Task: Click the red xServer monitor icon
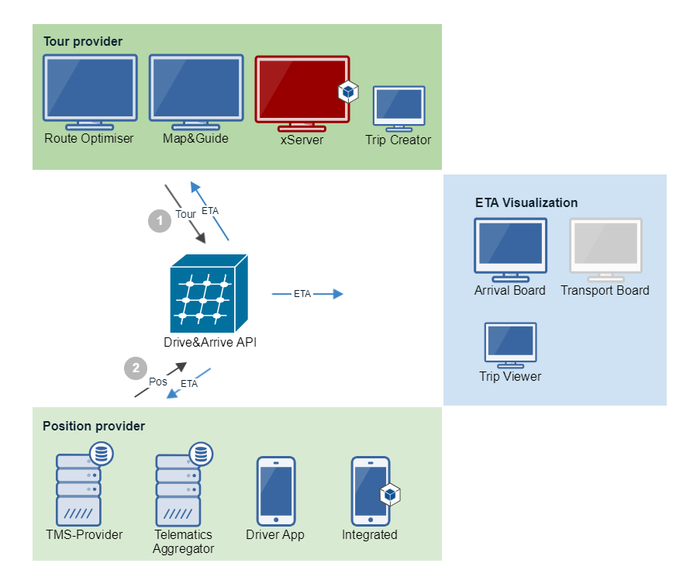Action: (x=302, y=93)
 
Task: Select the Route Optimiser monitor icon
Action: (x=90, y=92)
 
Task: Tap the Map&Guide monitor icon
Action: (x=196, y=92)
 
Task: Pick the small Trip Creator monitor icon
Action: (x=399, y=109)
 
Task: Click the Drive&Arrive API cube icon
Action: (x=209, y=293)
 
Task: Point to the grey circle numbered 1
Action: (x=160, y=221)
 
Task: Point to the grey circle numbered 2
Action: (x=136, y=368)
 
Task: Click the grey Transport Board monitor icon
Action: (x=606, y=250)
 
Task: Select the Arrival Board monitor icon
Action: (x=511, y=250)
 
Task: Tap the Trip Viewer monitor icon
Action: (x=511, y=345)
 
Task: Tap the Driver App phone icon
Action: (x=276, y=491)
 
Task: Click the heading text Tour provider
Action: (x=83, y=41)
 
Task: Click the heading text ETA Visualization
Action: (x=526, y=202)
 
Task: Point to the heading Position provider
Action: (x=94, y=426)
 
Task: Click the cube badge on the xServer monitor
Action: (x=348, y=92)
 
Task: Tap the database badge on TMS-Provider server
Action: (x=102, y=453)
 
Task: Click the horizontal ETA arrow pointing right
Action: (x=308, y=294)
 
